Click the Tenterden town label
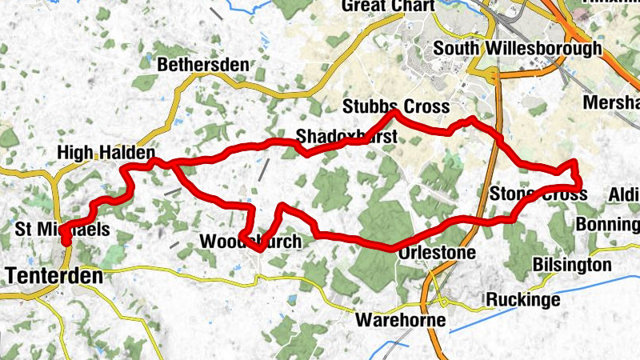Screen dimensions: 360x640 (54, 277)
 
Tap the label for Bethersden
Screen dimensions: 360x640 (203, 65)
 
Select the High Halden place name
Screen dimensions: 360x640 (105, 152)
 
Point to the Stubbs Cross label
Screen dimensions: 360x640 (396, 106)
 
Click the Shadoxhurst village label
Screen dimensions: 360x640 (346, 137)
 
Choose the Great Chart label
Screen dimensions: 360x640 (388, 6)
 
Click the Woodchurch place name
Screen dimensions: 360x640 (250, 242)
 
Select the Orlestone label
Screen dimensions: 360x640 (437, 253)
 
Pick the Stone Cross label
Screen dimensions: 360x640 (538, 194)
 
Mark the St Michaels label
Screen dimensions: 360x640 (62, 230)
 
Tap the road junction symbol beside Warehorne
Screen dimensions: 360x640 (443, 302)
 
